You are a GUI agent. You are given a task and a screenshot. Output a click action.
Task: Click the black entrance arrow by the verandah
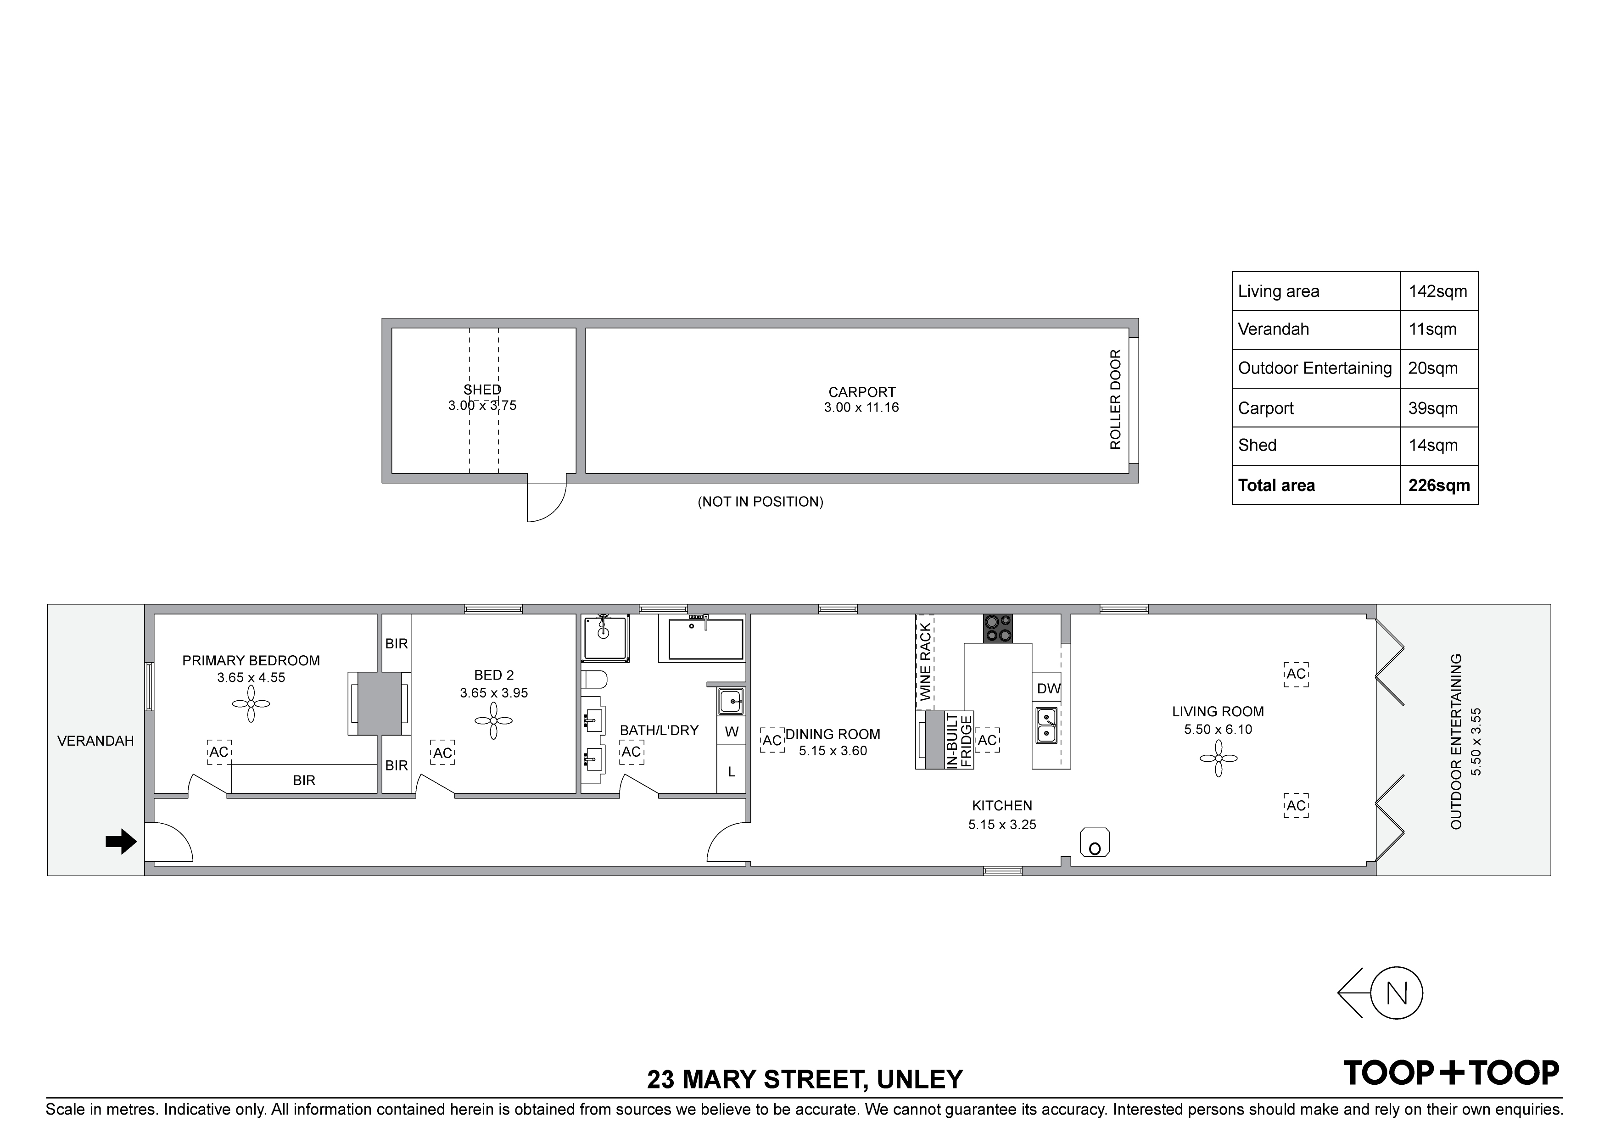121,842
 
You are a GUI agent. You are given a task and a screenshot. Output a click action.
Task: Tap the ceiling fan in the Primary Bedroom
251,704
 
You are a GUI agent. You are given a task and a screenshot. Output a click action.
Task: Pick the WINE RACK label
925,662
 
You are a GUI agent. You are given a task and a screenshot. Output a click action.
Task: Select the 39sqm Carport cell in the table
1432,408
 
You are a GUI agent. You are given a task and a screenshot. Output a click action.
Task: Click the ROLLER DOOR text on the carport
1116,400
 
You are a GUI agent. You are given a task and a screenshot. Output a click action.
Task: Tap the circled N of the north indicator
1396,993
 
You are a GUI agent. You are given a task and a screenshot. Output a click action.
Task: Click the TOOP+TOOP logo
1451,1073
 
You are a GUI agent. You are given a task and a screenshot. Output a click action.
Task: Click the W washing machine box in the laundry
732,731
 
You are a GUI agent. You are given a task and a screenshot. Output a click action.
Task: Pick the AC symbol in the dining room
772,741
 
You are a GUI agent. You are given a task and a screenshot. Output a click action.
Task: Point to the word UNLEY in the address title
920,1079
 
